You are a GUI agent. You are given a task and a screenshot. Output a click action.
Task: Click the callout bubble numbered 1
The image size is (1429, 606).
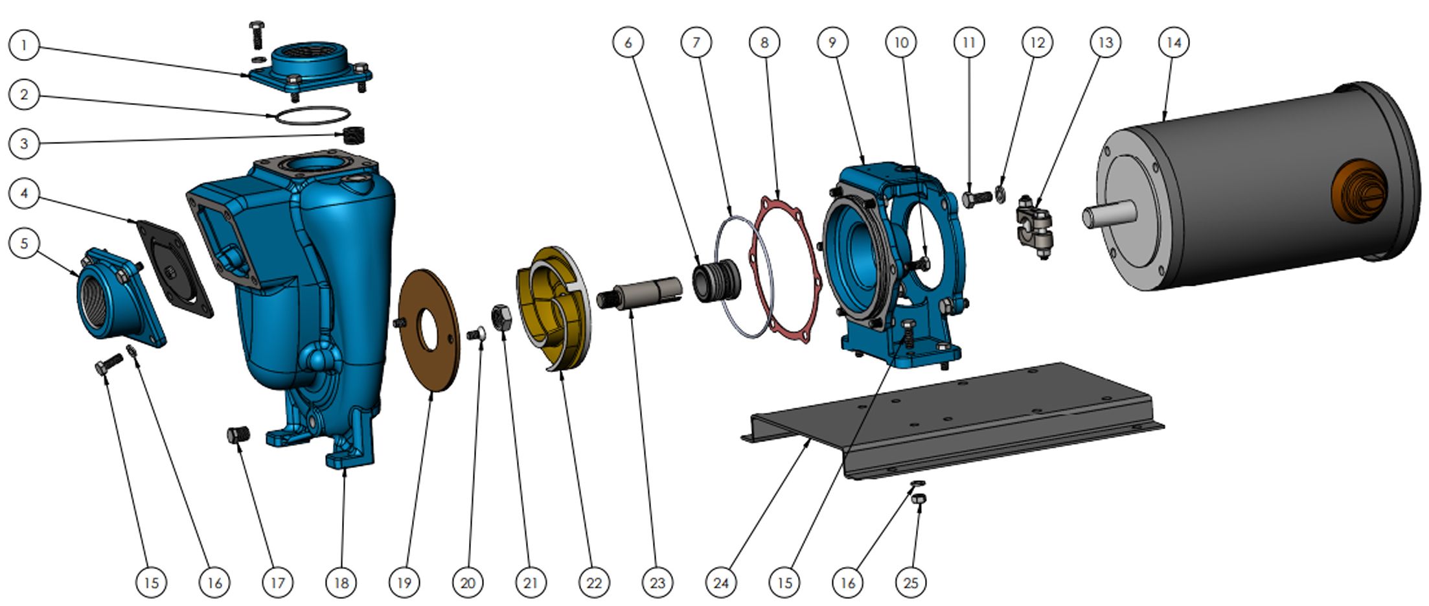click(x=24, y=45)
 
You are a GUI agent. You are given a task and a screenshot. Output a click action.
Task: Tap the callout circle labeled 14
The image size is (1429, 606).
click(x=1173, y=43)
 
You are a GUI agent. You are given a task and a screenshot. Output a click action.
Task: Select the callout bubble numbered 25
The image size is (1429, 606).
click(x=911, y=582)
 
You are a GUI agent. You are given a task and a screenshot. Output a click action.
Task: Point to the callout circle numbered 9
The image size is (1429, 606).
click(x=832, y=43)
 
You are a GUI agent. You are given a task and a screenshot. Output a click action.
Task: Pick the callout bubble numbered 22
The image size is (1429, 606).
click(x=594, y=582)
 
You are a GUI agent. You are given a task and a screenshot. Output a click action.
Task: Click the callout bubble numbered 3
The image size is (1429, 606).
click(x=24, y=143)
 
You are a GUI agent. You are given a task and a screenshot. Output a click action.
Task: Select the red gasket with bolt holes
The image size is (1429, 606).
click(x=785, y=269)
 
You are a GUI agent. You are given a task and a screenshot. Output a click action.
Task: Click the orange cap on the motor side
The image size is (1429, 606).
click(x=1359, y=191)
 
